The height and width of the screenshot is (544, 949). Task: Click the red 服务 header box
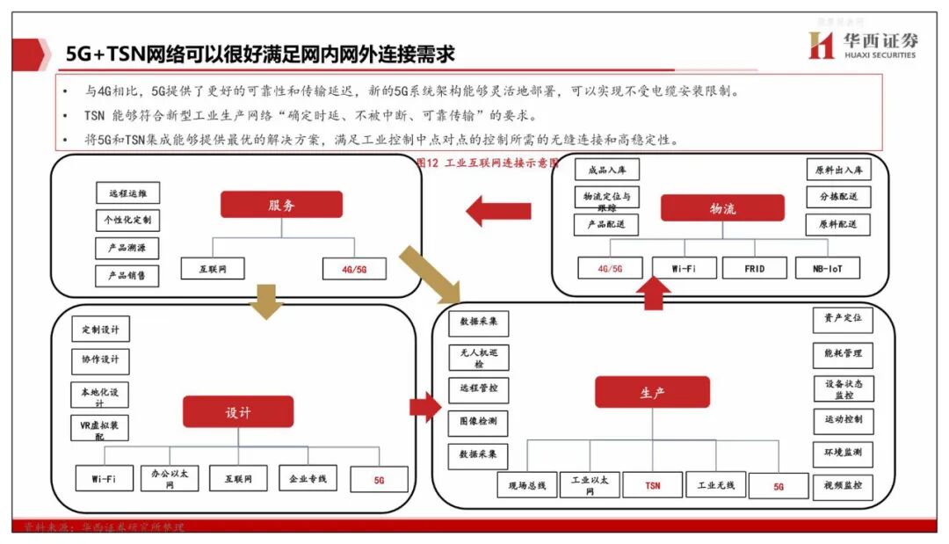pos(281,205)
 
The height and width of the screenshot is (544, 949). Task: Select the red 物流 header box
pos(722,208)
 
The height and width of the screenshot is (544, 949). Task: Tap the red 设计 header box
pos(237,411)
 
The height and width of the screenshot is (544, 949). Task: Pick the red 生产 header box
pos(652,392)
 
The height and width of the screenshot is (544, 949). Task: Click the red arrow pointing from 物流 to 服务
pos(498,211)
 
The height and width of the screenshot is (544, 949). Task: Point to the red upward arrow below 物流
pos(652,293)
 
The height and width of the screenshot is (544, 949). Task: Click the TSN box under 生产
pos(652,485)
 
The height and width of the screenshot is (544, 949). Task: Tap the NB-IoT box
pos(827,268)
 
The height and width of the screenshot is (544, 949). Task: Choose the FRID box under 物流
pos(754,268)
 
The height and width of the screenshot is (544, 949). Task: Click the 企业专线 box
pos(308,479)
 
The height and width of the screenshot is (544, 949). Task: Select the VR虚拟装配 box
pos(99,429)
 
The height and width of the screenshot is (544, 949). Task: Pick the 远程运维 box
pos(127,193)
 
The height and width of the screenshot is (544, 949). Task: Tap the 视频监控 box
pos(843,486)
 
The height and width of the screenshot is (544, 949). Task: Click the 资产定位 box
pos(843,319)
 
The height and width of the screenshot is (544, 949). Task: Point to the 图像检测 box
pos(478,422)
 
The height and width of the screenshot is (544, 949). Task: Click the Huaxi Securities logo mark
pos(821,45)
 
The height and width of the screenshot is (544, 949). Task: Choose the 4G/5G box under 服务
pos(353,269)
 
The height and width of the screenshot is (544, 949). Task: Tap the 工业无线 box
pos(715,485)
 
